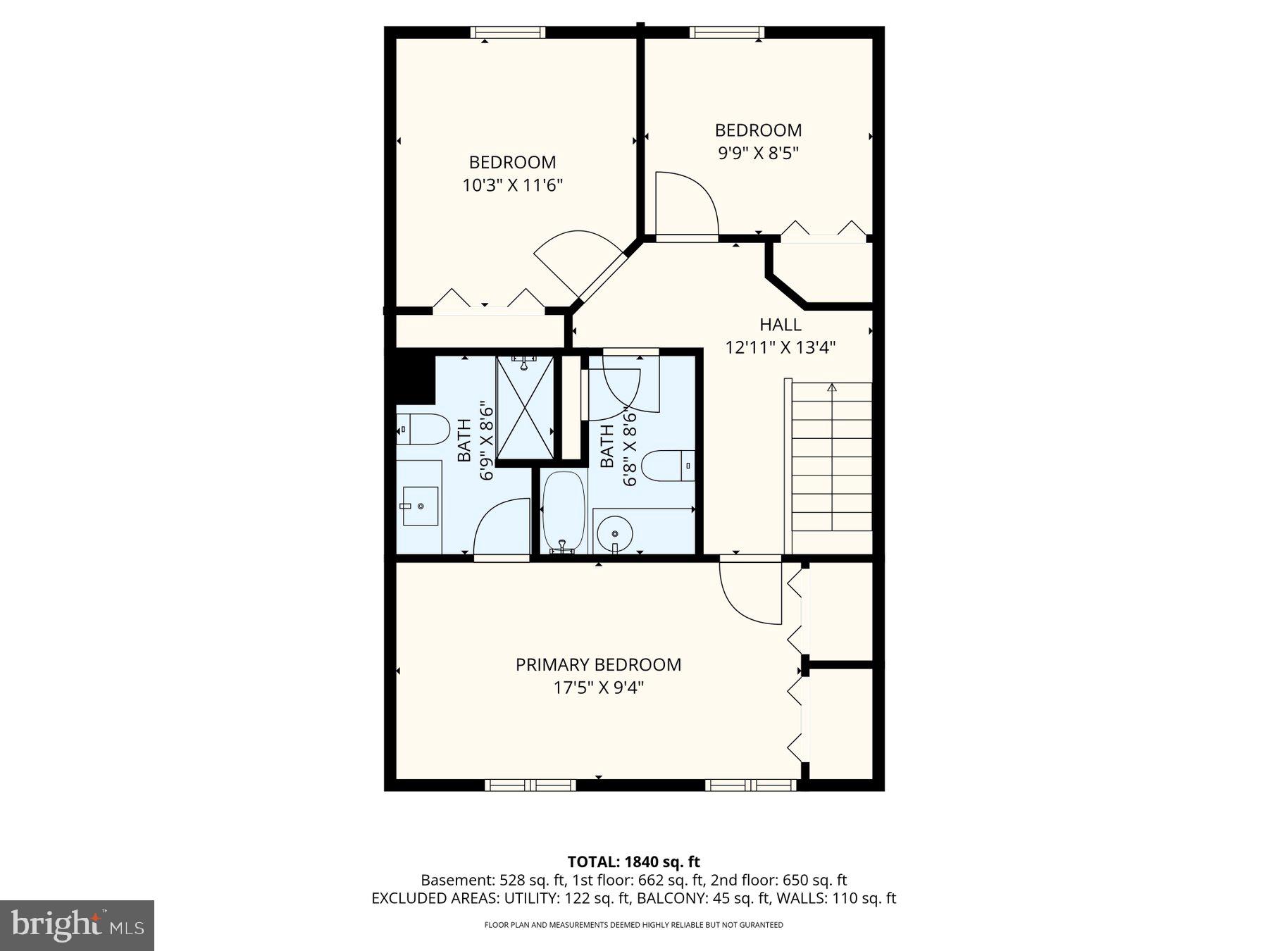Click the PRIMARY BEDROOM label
[x=598, y=664]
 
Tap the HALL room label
[x=780, y=325]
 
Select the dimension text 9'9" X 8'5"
[x=758, y=153]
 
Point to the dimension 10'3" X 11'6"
[x=512, y=185]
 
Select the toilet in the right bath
[x=669, y=466]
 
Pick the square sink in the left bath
[x=420, y=506]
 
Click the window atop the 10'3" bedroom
[x=508, y=32]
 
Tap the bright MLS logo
[x=77, y=925]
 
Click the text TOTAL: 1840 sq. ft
[x=633, y=862]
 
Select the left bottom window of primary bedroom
[x=531, y=785]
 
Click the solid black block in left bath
[x=414, y=379]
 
